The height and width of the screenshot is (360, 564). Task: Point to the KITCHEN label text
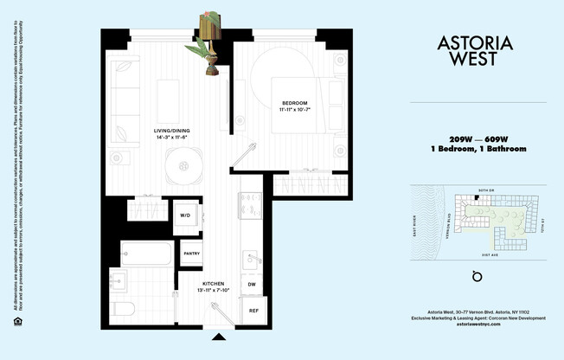pos(214,283)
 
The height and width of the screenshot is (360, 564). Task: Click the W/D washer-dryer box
pos(185,215)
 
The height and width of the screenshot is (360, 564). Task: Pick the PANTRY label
pos(192,253)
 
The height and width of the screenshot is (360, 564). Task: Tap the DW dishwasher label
pos(252,284)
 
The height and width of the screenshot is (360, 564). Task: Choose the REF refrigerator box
pos(253,311)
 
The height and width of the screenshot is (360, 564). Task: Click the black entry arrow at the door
pos(219,337)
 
